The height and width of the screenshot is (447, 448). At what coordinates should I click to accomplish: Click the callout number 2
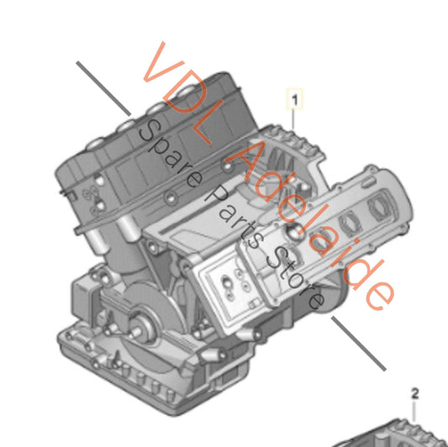[x=414, y=392]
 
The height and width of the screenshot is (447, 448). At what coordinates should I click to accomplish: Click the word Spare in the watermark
[x=169, y=155]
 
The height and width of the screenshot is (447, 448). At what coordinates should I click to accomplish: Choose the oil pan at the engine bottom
[x=168, y=387]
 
